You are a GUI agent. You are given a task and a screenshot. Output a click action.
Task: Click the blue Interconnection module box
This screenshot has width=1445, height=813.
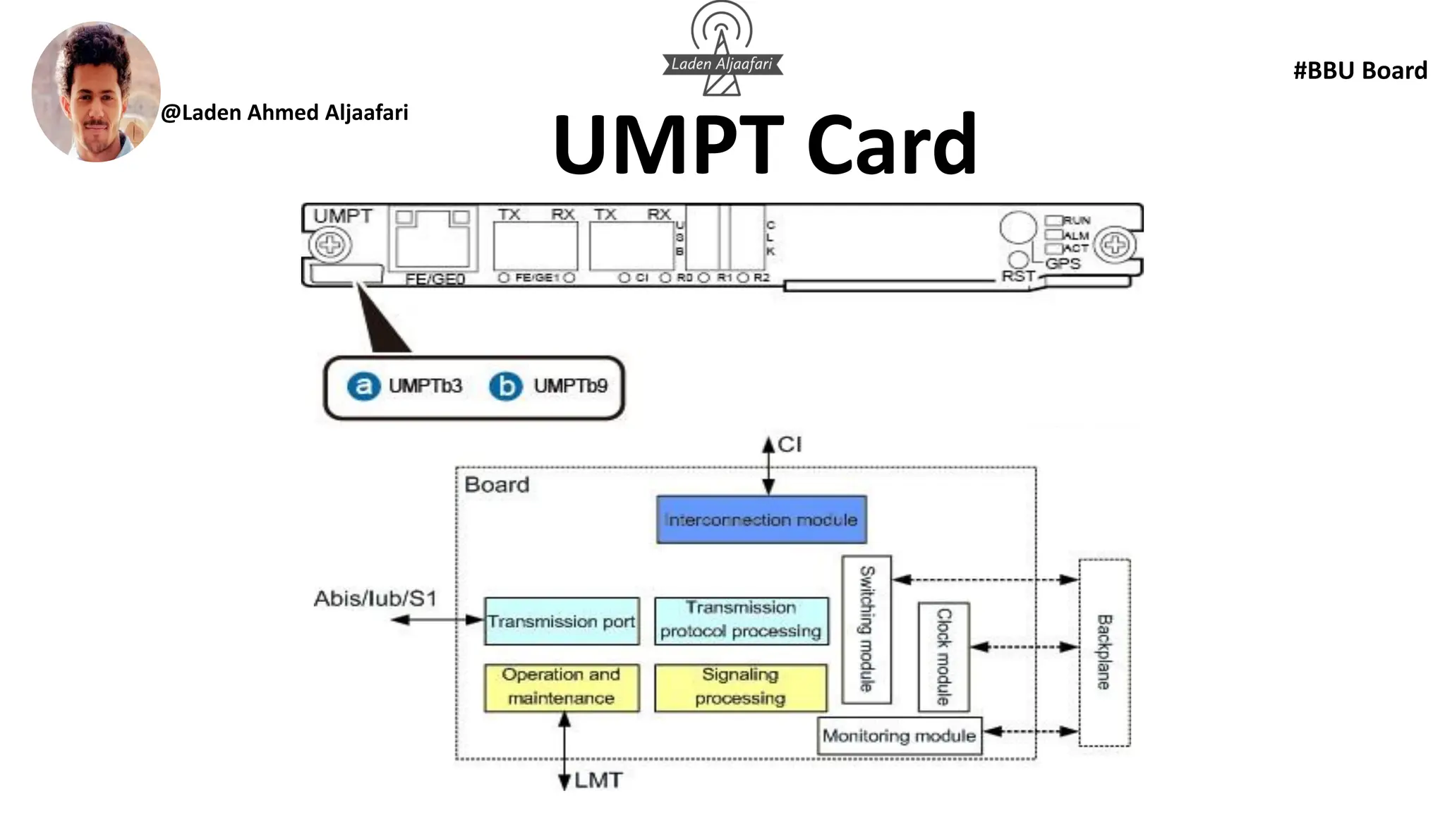click(x=761, y=519)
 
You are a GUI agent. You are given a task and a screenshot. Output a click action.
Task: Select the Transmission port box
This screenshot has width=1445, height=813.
click(x=562, y=621)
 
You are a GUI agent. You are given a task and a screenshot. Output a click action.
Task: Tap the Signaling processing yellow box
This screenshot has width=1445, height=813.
click(x=740, y=687)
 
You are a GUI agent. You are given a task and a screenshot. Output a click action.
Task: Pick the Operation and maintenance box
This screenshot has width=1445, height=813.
click(x=562, y=687)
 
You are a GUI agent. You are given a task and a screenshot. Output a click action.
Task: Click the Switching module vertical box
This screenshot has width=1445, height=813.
click(x=866, y=629)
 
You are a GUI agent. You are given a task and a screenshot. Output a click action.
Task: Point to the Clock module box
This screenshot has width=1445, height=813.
click(x=943, y=656)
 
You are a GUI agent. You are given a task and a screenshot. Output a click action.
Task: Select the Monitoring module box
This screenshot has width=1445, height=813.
click(x=899, y=736)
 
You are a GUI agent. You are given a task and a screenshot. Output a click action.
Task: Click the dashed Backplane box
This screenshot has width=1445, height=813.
click(x=1104, y=652)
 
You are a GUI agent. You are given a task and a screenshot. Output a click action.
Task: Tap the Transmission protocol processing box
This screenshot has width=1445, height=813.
click(x=741, y=620)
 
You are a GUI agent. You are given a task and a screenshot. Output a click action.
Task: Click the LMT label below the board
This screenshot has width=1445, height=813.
click(x=598, y=781)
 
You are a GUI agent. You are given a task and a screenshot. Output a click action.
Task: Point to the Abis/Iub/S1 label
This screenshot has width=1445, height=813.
click(x=375, y=599)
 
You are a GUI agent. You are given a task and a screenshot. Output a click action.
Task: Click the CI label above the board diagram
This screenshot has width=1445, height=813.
click(x=790, y=445)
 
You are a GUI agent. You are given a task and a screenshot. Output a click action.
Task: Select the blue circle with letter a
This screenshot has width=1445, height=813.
click(x=363, y=386)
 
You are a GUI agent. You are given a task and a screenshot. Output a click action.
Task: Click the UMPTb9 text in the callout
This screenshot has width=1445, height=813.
click(x=570, y=386)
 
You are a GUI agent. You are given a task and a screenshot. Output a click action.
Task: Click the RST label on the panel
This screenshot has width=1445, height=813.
click(x=1017, y=276)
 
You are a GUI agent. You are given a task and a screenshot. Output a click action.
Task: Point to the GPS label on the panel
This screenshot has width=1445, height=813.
click(x=1063, y=264)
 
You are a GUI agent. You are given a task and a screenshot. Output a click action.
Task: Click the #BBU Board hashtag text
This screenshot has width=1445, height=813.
click(x=1360, y=71)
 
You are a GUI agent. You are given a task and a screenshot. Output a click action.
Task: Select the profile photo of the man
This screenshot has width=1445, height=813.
click(x=96, y=92)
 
